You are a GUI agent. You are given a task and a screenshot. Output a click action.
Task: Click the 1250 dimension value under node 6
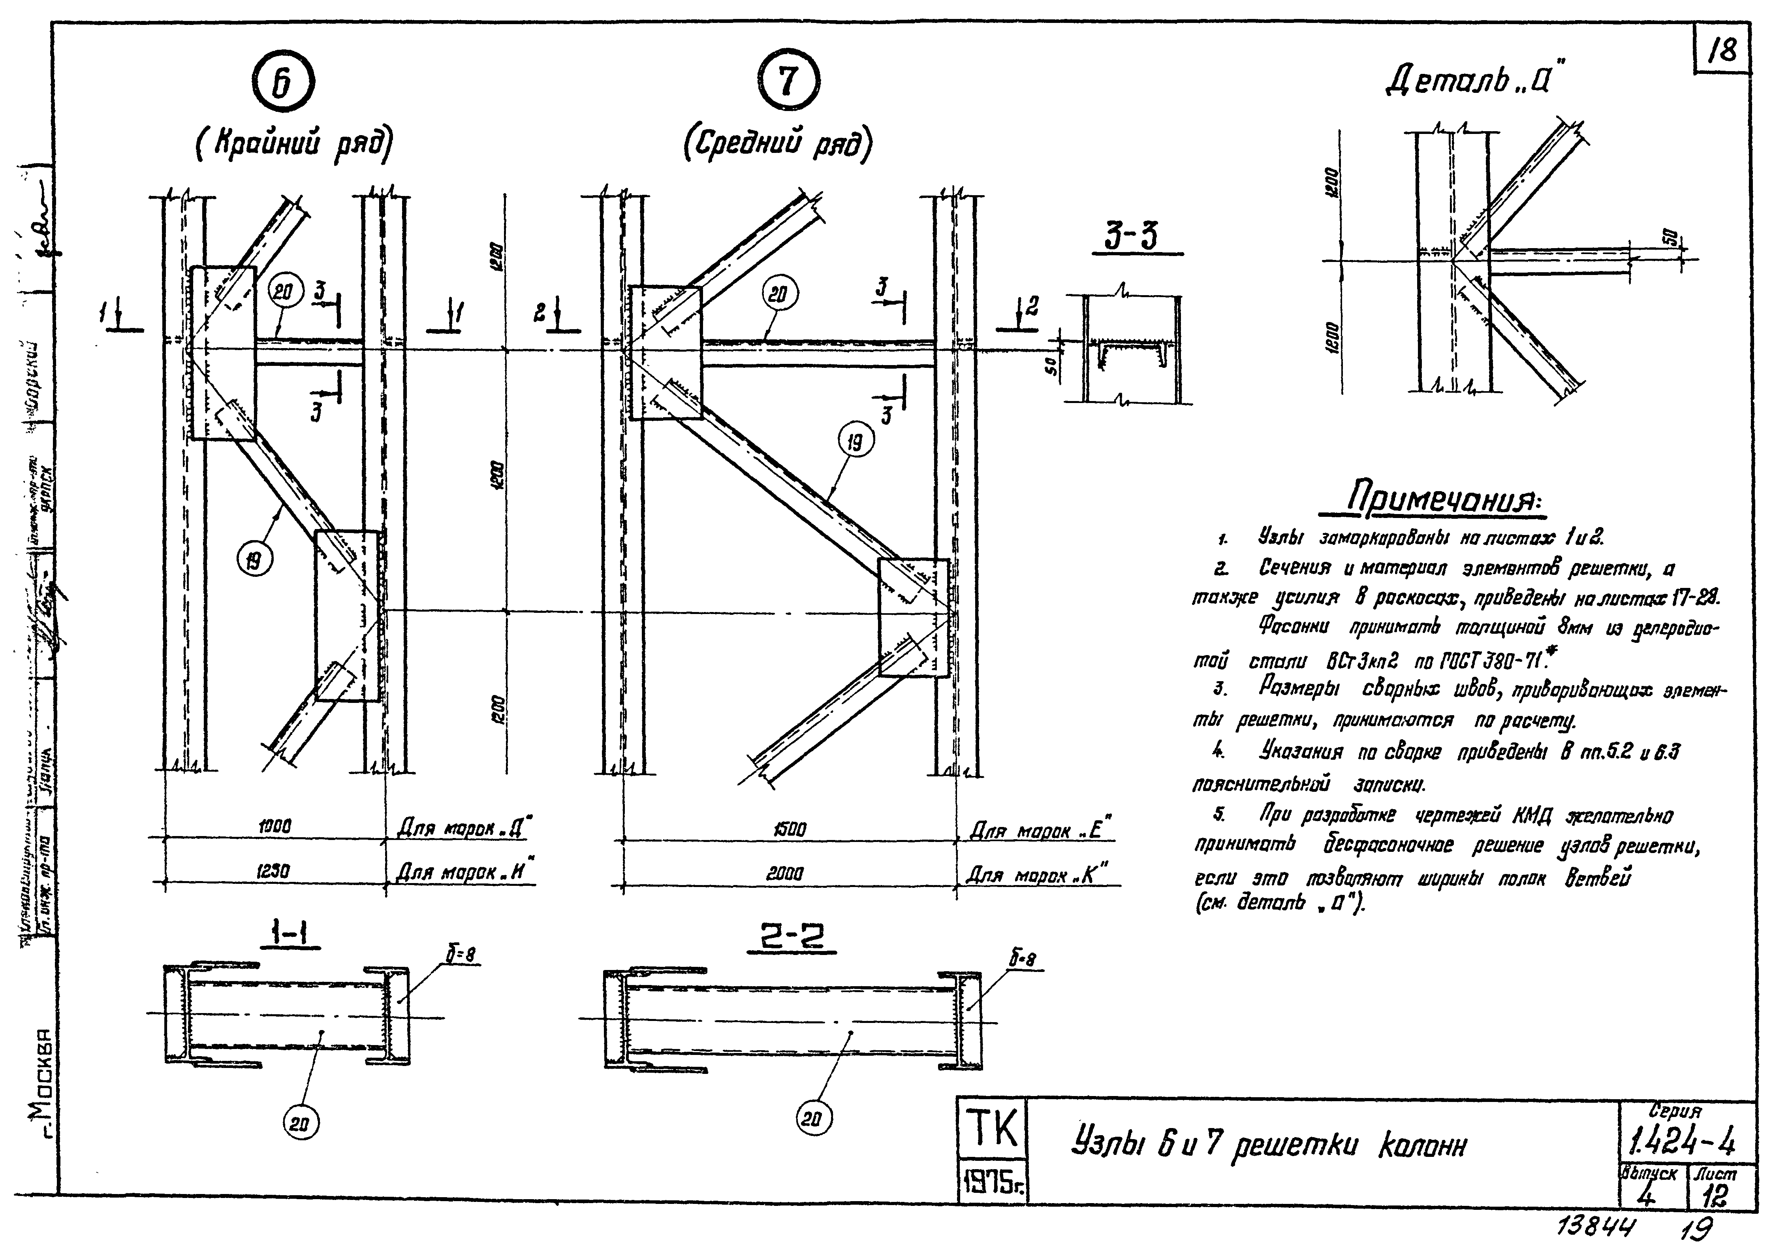(x=273, y=872)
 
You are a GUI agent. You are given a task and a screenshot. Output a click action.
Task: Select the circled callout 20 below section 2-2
(x=813, y=1119)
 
